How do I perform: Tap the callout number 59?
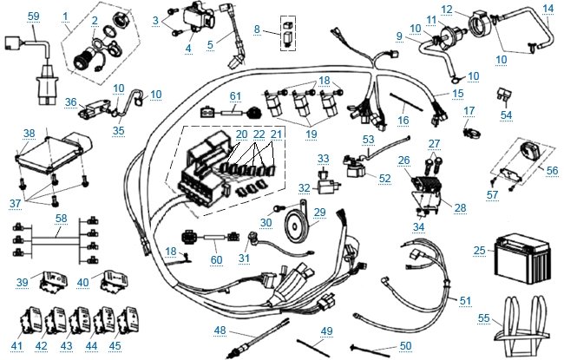pyautogui.click(x=34, y=16)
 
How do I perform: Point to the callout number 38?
pyautogui.click(x=29, y=134)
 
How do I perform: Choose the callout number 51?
pyautogui.click(x=465, y=300)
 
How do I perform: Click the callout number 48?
pyautogui.click(x=220, y=330)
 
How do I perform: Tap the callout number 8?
pyautogui.click(x=256, y=29)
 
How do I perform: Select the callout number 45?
pyautogui.click(x=115, y=345)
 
